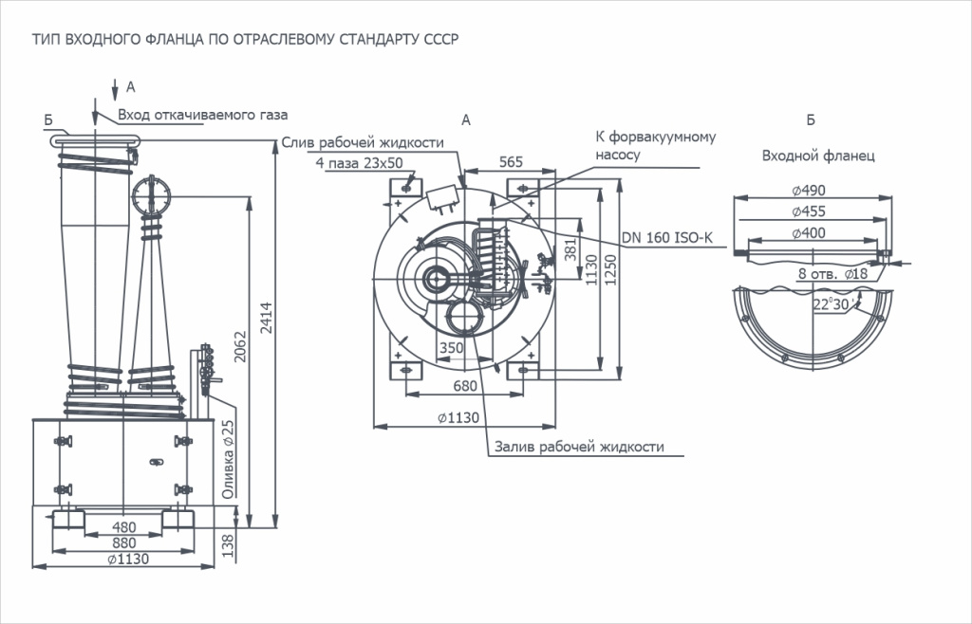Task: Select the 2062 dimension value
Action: tap(240, 348)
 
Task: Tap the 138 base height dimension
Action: tap(227, 543)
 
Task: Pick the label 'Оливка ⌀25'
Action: tap(228, 461)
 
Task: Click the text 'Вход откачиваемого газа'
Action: tap(203, 115)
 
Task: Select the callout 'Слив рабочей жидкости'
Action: tap(364, 143)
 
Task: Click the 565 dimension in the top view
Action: tap(511, 162)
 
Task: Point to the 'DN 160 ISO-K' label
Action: tap(666, 238)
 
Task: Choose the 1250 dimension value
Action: tap(614, 276)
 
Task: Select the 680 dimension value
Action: tap(465, 386)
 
